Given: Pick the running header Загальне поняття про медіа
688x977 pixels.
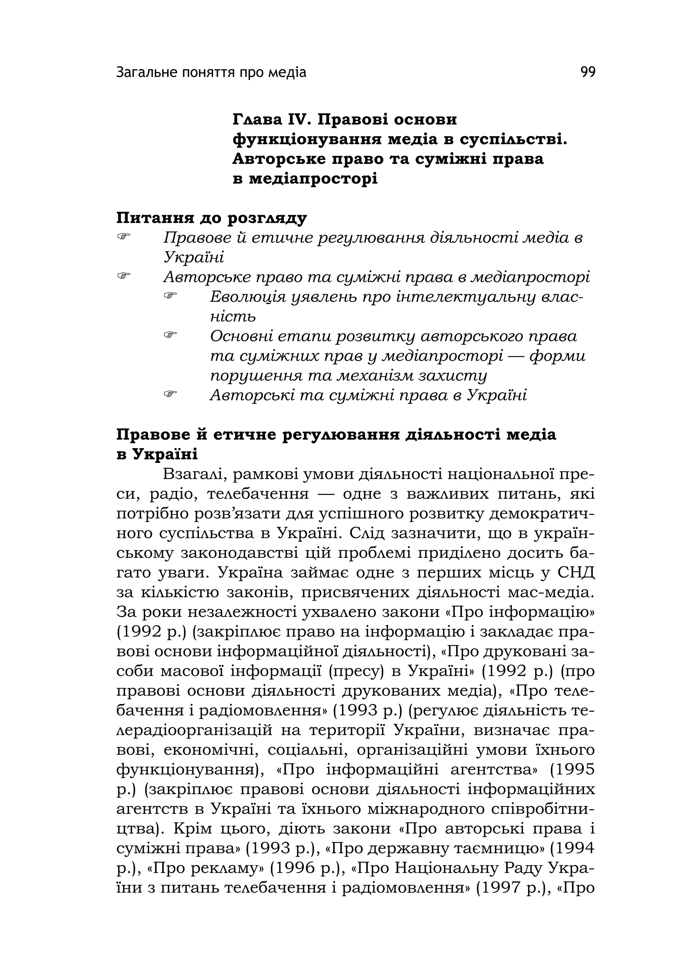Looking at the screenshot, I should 211,73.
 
